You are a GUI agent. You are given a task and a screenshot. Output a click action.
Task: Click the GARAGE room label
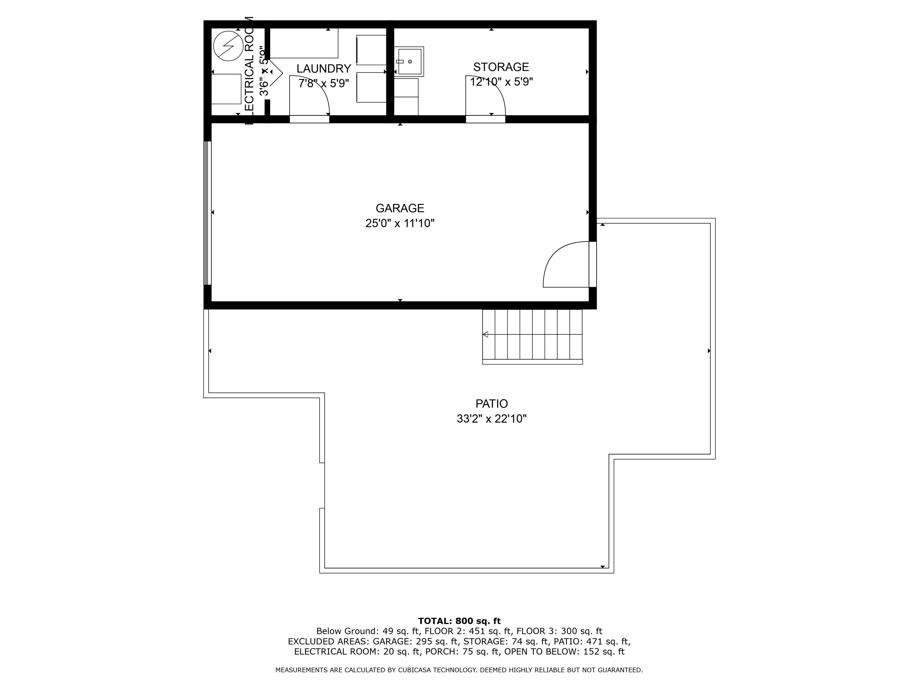pos(400,208)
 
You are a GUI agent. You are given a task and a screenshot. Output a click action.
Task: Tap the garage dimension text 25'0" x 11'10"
pos(400,224)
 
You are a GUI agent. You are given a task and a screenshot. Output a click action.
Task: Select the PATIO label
pos(491,404)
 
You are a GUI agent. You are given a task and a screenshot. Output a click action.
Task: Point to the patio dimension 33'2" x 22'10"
pos(491,419)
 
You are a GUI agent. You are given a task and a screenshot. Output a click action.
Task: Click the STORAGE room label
pos(501,67)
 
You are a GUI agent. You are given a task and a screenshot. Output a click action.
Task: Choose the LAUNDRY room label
pos(324,69)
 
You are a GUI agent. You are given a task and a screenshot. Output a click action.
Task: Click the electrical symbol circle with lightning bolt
pos(228,46)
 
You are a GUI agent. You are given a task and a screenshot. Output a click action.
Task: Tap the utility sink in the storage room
pos(409,62)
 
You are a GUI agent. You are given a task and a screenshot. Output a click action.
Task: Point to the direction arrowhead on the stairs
pos(485,334)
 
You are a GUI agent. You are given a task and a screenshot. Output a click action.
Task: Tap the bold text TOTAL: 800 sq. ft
pos(459,621)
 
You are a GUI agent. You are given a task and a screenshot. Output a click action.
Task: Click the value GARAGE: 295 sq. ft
pos(416,641)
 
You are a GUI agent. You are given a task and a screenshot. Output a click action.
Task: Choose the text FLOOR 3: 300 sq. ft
pos(559,631)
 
